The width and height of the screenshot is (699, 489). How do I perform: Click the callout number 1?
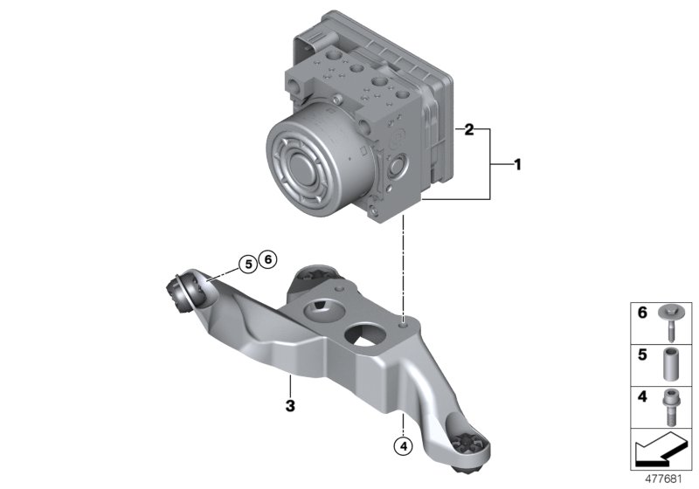pos(517,165)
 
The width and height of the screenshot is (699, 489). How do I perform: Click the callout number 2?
pos(468,130)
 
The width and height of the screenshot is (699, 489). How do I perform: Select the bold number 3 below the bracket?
pos(290,406)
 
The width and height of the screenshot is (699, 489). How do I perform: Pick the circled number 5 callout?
pos(248,265)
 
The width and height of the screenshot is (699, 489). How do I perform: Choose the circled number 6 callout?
pos(268,258)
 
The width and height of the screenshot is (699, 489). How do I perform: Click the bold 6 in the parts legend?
pos(642,313)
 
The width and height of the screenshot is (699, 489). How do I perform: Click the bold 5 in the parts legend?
pos(642,355)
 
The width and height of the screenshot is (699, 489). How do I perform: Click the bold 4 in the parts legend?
pos(642,396)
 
